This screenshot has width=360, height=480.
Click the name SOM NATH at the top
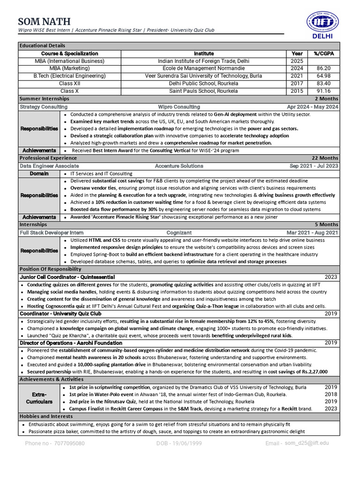click(45, 21)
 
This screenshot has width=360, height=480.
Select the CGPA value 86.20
click(323, 68)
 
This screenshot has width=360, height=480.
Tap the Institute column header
click(203, 53)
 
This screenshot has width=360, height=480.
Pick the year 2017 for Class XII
click(297, 83)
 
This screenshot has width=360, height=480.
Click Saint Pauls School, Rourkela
click(203, 91)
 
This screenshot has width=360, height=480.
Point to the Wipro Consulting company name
click(179, 107)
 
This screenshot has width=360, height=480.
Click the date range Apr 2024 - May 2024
click(312, 107)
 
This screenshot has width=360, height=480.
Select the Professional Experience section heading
click(48, 158)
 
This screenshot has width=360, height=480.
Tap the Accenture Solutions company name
click(179, 166)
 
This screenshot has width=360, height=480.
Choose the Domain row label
click(39, 173)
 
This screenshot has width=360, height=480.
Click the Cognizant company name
click(179, 232)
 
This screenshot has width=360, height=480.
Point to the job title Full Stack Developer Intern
click(52, 232)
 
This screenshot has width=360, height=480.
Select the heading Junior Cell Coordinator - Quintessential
click(67, 277)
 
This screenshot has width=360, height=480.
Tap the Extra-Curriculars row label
click(39, 398)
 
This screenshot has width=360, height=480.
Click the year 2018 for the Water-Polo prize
click(330, 395)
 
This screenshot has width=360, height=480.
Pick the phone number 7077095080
click(69, 443)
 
